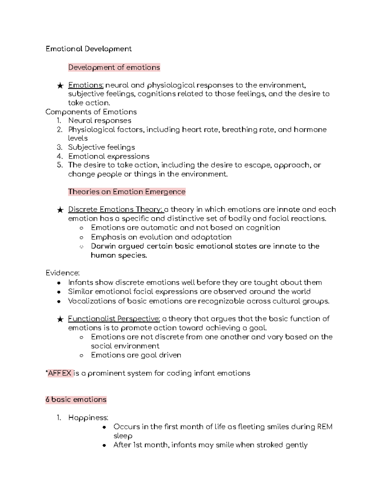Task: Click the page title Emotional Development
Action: pyautogui.click(x=88, y=49)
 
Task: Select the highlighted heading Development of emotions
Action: pyautogui.click(x=114, y=67)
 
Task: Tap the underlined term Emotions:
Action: pyautogui.click(x=86, y=85)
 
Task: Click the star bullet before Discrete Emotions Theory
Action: pyautogui.click(x=60, y=210)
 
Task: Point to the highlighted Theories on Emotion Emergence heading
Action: pyautogui.click(x=127, y=192)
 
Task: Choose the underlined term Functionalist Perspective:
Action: pyautogui.click(x=114, y=319)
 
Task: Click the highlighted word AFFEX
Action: pyautogui.click(x=60, y=373)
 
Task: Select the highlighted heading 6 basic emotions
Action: pyautogui.click(x=76, y=400)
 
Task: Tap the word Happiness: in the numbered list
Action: pyautogui.click(x=88, y=418)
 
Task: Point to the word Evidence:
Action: pyautogui.click(x=62, y=273)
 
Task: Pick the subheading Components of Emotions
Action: pyautogui.click(x=91, y=112)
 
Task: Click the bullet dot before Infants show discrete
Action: pyautogui.click(x=59, y=283)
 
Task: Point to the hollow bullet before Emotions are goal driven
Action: pyautogui.click(x=82, y=355)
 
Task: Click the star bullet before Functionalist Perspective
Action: pyautogui.click(x=60, y=319)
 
